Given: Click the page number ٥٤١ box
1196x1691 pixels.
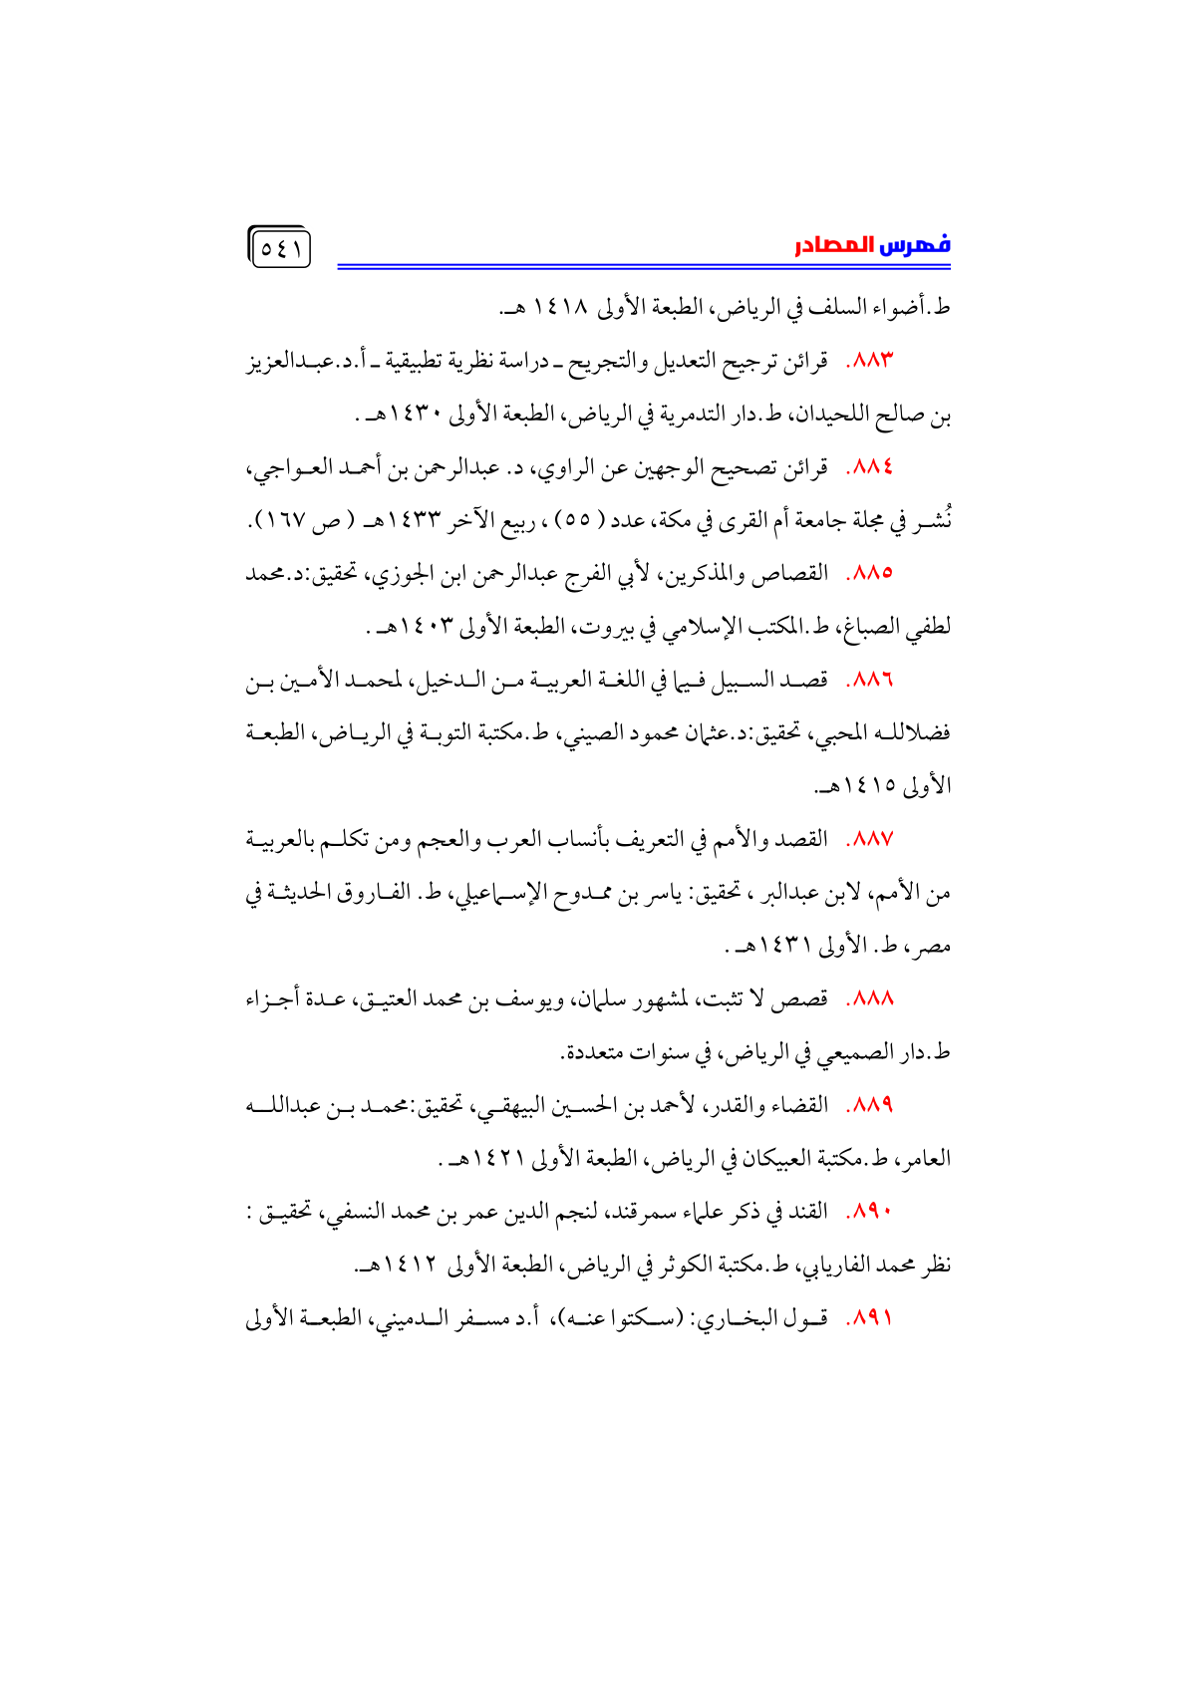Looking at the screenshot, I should (280, 248).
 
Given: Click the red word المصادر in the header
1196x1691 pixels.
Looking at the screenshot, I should (833, 245).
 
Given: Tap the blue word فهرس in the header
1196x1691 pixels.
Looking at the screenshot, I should (915, 245).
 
